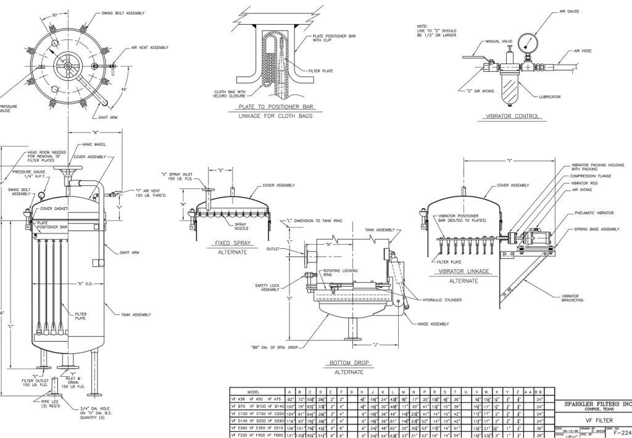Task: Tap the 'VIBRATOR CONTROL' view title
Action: click(513, 116)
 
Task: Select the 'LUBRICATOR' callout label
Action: click(549, 97)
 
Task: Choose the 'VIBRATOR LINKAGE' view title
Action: click(464, 271)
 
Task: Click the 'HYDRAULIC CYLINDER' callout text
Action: click(443, 300)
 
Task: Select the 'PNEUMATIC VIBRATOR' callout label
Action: click(593, 213)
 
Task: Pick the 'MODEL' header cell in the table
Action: click(253, 391)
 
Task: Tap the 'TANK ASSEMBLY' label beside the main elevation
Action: click(136, 314)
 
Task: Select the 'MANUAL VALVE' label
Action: click(499, 41)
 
